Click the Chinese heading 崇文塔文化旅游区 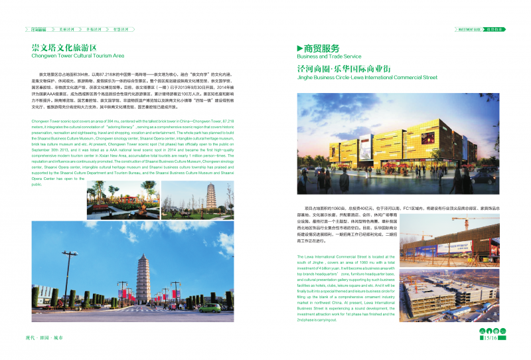pos(64,48)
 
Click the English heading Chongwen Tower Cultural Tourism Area pos(78,56)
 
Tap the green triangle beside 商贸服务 pos(299,48)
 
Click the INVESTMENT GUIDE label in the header pos(469,29)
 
